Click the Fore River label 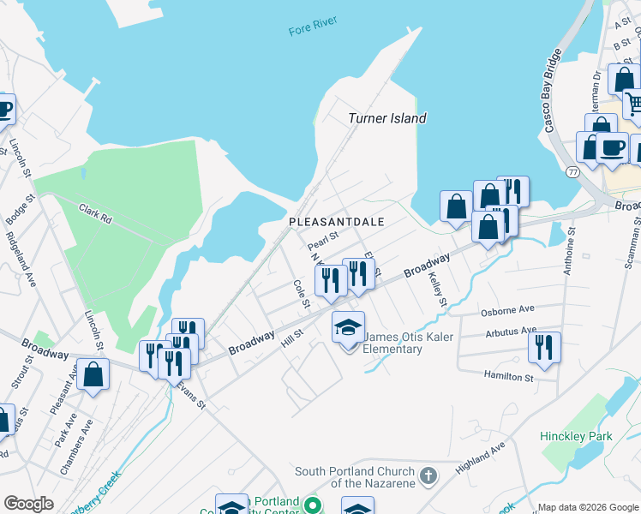[313, 31]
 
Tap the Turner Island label [387, 118]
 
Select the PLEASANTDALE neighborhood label [335, 221]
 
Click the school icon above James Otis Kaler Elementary [349, 328]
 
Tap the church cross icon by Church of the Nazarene [428, 474]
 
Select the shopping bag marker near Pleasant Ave [93, 375]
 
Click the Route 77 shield [572, 172]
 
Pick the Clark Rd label [95, 212]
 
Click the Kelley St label [437, 290]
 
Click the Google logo [28, 504]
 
